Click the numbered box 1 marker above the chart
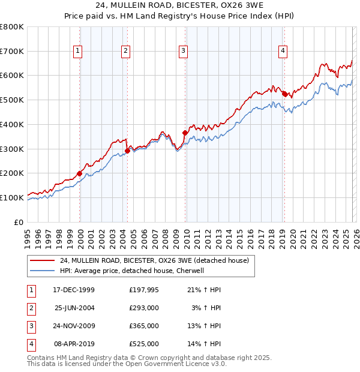coord(78,52)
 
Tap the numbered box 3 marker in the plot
coord(183,52)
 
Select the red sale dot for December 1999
coord(80,173)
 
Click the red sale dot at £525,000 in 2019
coord(284,94)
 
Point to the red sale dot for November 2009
coord(185,133)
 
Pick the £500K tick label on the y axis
coord(11,100)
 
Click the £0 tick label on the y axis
coord(19,222)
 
